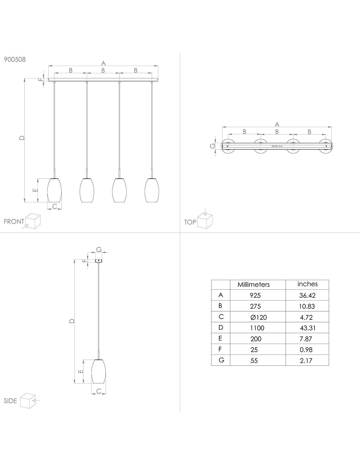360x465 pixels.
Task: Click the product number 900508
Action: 15,59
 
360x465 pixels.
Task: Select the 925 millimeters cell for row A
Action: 255,295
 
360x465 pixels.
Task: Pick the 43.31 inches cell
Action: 308,328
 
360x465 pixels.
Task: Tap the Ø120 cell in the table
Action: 259,317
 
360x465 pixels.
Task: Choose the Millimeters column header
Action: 254,284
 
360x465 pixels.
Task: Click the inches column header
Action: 307,284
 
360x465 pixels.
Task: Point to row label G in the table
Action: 221,360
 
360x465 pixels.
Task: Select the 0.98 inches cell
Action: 306,350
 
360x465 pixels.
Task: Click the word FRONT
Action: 14,221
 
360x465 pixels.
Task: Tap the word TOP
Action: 190,222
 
